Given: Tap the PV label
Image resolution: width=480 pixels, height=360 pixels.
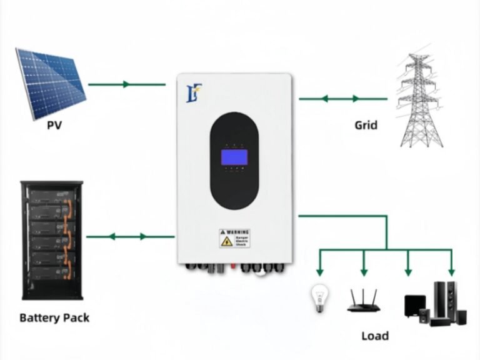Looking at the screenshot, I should coord(55,125).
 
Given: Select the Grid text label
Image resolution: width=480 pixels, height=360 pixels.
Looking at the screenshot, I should coord(366,125).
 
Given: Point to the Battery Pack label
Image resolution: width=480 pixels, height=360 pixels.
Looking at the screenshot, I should coord(54,317).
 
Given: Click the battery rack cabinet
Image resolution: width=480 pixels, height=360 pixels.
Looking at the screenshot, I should coord(51,240).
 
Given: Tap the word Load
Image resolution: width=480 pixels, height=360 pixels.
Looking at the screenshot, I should coord(374,336).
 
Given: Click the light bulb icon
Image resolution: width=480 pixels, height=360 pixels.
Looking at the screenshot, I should coord(319,299).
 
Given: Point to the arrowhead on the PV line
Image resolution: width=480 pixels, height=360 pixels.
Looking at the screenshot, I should coord(127,84).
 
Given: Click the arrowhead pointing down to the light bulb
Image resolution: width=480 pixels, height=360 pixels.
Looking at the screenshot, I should coord(319,272).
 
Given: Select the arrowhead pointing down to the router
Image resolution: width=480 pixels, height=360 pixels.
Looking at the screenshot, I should coord(363,272).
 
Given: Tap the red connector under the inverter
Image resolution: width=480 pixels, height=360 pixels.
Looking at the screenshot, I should coord(232,266).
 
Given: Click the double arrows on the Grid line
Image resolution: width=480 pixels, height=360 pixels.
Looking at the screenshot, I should coord(341,99).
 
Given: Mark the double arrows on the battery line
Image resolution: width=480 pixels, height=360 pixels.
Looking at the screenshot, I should coord(129,236).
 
